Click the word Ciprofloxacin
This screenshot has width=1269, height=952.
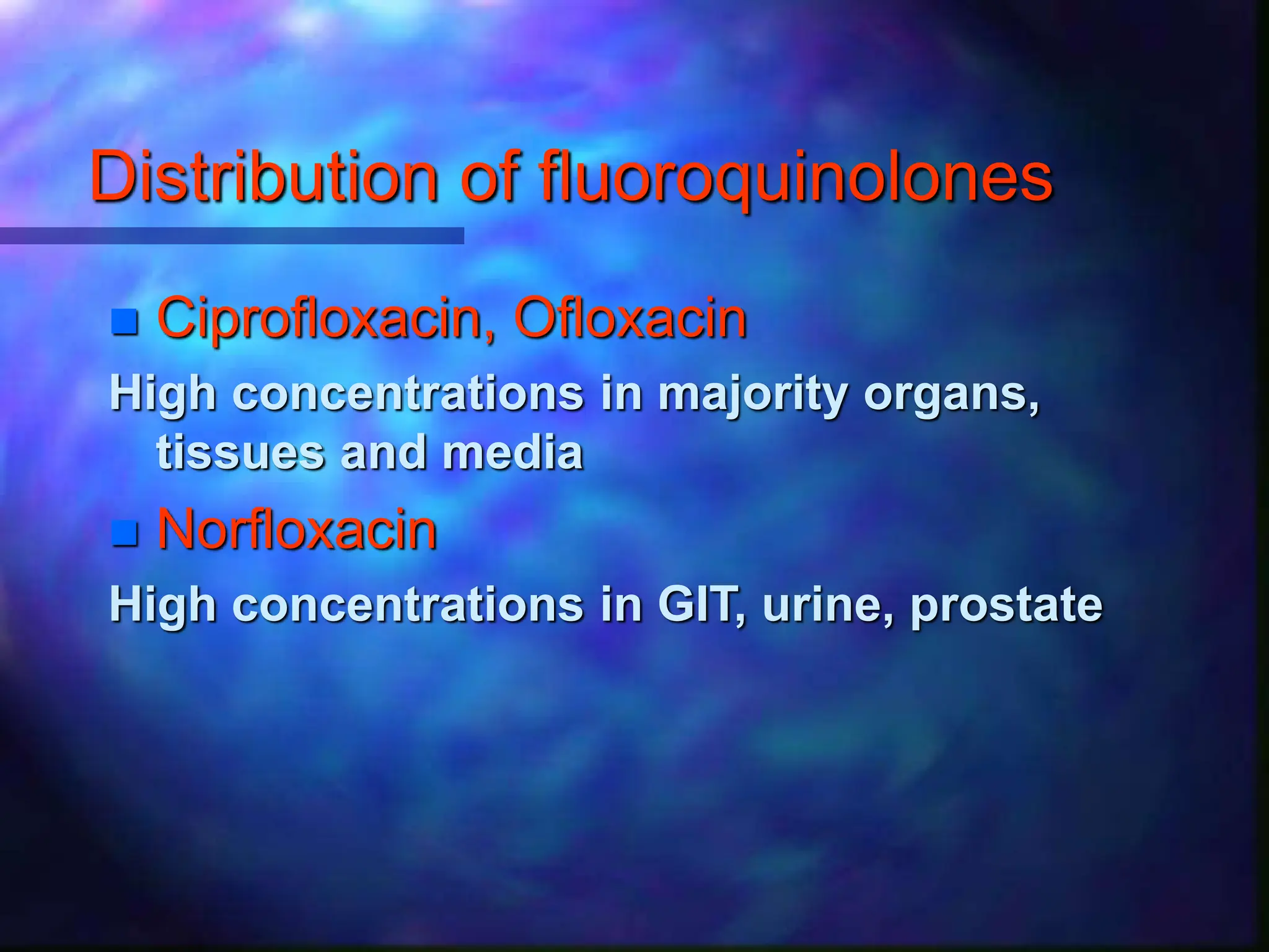[320, 320]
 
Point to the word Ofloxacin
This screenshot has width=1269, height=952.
[630, 319]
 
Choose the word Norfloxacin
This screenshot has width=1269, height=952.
[297, 530]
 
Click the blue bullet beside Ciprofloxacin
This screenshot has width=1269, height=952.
[125, 322]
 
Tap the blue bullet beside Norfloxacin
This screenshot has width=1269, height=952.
[125, 534]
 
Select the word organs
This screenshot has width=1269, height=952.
[951, 395]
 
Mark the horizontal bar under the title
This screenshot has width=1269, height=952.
[232, 236]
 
